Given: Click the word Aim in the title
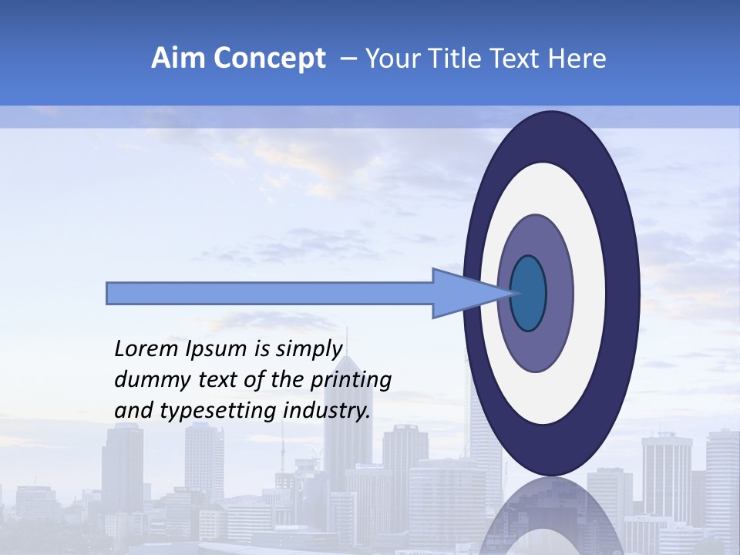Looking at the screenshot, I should click(x=178, y=59).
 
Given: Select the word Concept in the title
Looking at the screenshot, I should click(x=269, y=59).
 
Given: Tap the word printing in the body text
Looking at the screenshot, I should click(x=351, y=380).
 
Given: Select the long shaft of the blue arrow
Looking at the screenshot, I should click(x=270, y=293).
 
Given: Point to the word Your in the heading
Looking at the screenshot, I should click(x=392, y=59).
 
